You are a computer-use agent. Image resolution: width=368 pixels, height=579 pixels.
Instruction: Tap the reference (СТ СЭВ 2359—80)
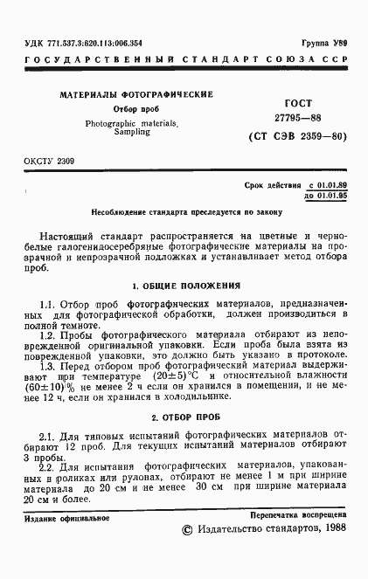pos(298,136)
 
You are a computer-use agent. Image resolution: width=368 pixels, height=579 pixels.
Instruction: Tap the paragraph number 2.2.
pos(49,466)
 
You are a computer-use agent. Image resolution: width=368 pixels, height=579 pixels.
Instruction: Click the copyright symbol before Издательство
pos(185,530)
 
